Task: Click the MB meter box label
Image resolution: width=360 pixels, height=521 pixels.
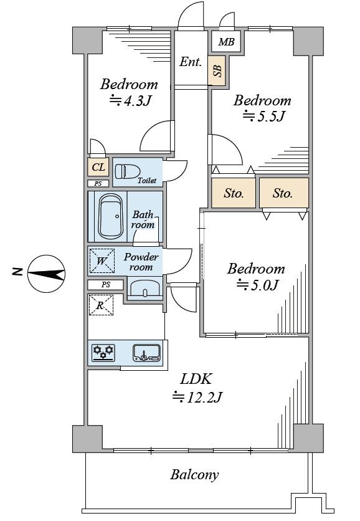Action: (227, 42)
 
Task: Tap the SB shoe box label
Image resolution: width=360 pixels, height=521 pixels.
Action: (217, 70)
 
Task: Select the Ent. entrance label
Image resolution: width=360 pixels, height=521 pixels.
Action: (191, 62)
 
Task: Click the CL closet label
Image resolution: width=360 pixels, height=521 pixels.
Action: (98, 167)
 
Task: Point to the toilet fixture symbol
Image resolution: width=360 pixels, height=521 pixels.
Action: (127, 172)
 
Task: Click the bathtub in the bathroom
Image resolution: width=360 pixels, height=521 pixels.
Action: (111, 216)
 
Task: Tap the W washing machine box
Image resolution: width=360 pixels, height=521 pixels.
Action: (102, 261)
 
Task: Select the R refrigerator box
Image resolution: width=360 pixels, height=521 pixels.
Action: (101, 305)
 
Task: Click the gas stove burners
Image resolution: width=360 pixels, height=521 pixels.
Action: (103, 353)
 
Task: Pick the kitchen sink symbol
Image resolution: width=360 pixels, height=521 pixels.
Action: (146, 353)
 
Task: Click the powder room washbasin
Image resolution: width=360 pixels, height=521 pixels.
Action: (144, 288)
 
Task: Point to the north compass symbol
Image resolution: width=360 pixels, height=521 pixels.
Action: (46, 274)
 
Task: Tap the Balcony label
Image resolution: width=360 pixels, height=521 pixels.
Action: (194, 475)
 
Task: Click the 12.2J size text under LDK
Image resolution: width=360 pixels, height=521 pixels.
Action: (197, 397)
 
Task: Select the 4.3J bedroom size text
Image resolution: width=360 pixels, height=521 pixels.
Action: (131, 100)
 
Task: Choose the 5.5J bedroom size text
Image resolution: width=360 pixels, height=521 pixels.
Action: (264, 116)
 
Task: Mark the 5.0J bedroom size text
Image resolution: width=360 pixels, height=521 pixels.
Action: (258, 285)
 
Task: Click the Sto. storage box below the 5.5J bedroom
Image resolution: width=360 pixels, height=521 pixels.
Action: (234, 193)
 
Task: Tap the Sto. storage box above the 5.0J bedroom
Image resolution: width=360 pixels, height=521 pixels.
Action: (284, 193)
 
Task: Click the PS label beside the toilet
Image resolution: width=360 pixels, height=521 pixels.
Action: (98, 183)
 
